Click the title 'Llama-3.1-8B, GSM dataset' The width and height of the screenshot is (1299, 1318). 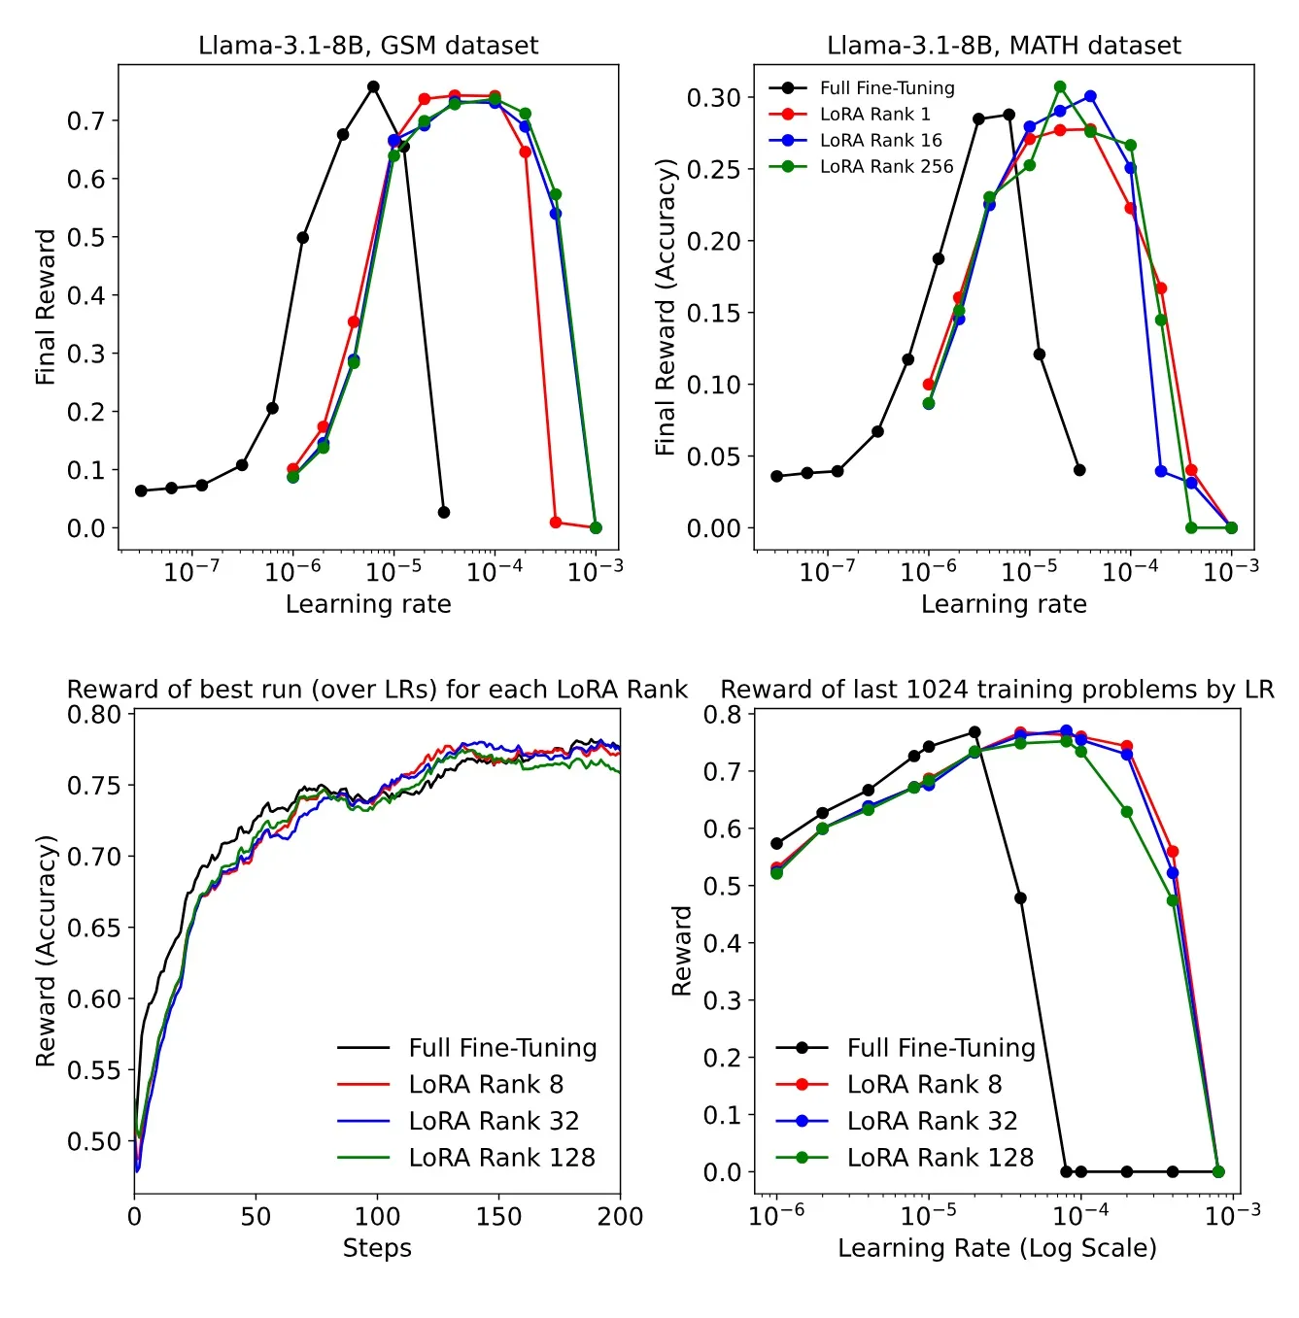point(367,46)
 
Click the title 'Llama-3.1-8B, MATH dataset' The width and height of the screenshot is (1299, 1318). point(1004,46)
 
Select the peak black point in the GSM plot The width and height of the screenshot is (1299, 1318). point(373,86)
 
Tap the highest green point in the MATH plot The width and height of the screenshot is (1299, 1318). point(1060,86)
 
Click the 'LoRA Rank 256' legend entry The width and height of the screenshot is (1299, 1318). point(886,166)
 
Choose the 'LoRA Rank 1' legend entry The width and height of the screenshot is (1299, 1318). point(874,114)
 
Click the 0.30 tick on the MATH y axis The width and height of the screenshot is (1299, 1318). point(713,97)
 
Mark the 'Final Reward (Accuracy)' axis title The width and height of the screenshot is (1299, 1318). point(665,307)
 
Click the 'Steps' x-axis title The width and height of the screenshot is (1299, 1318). point(377,1248)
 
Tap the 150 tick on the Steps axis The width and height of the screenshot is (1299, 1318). point(498,1216)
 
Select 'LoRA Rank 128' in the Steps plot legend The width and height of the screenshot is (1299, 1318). point(501,1158)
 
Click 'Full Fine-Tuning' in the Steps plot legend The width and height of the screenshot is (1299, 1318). point(502,1048)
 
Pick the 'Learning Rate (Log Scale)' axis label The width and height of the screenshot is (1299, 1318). point(997,1248)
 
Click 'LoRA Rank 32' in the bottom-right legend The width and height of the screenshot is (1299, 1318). point(932,1121)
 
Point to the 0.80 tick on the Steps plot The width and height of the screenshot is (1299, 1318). point(94,714)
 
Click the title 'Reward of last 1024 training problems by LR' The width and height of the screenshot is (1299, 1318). point(997,690)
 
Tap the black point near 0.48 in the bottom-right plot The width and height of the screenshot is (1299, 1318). point(1020,897)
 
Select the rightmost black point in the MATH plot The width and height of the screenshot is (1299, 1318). point(1079,470)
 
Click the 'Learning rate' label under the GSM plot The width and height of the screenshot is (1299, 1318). point(368,604)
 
